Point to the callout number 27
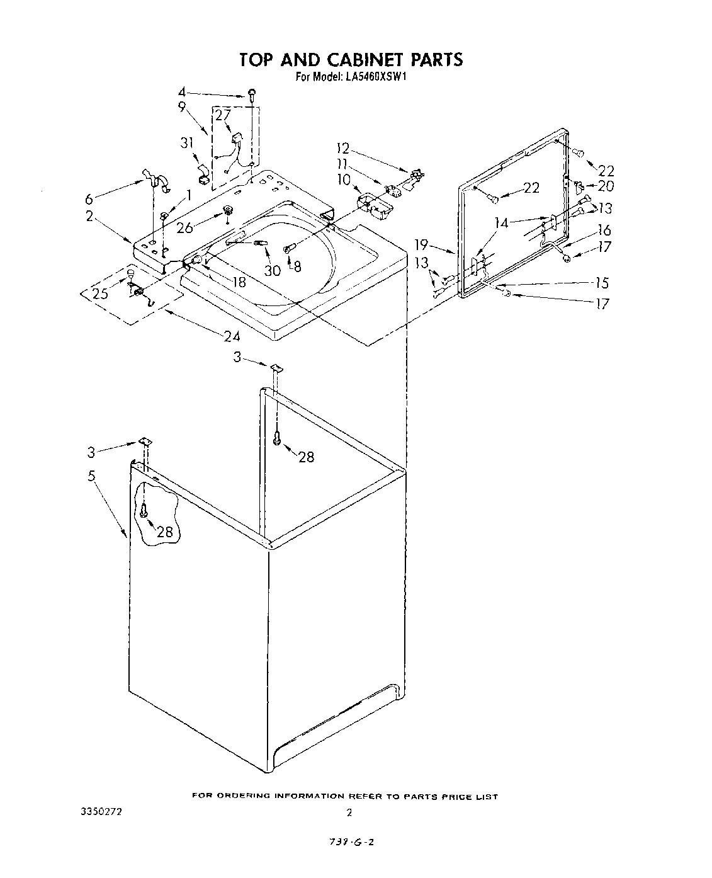click(223, 116)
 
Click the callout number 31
click(186, 144)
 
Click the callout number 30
click(273, 271)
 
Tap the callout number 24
click(232, 336)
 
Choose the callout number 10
click(344, 180)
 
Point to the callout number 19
click(422, 244)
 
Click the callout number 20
click(606, 186)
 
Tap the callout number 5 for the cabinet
click(92, 476)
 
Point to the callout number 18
click(239, 283)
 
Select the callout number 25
click(100, 294)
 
